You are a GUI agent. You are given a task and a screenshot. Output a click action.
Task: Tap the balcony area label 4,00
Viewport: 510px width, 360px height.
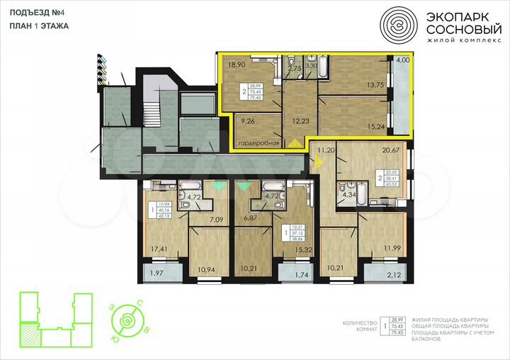[402, 60]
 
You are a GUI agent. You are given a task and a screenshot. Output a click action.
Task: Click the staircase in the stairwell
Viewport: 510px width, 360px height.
[152, 113]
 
